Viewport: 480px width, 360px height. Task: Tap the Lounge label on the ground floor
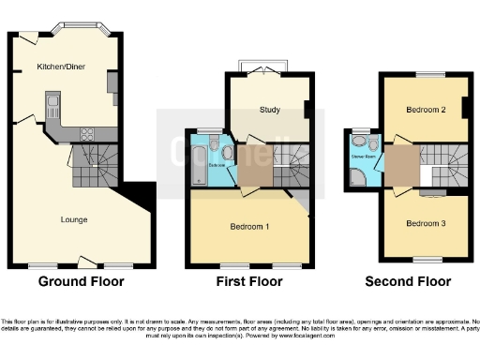tap(74, 220)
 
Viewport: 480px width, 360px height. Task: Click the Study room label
tap(269, 111)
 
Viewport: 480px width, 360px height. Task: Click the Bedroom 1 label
tap(249, 227)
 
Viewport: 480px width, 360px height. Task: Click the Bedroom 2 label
tap(425, 110)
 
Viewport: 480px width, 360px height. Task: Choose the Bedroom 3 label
tap(425, 223)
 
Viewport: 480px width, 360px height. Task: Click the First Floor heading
tap(251, 280)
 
